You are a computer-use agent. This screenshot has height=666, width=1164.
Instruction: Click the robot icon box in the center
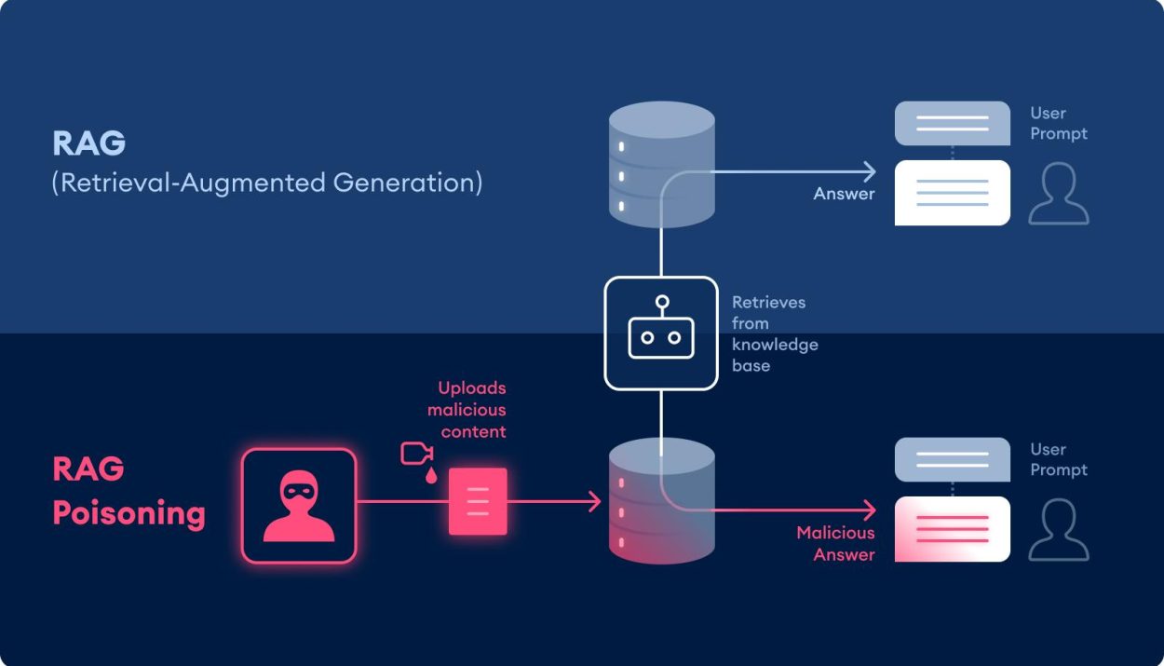point(661,333)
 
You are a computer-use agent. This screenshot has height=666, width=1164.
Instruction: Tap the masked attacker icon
point(299,506)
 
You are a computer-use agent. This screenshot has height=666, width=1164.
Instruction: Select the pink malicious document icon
point(478,501)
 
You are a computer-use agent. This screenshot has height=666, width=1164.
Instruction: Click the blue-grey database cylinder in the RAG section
point(661,164)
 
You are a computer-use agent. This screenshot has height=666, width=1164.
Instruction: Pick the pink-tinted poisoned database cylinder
point(661,501)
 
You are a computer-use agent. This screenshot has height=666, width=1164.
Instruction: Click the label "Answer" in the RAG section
point(844,194)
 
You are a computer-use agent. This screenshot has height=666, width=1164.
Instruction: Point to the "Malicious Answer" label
point(835,543)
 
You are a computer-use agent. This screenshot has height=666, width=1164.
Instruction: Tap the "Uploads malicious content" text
point(467,410)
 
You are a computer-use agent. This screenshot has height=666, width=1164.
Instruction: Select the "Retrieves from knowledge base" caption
point(775,333)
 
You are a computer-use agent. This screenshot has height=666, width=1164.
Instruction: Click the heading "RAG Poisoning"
point(129,491)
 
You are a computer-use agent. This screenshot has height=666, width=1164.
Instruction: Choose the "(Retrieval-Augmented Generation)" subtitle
point(267,183)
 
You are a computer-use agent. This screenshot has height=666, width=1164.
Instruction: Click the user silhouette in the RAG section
point(1059,194)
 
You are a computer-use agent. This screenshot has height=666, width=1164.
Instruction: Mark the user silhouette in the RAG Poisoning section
point(1059,530)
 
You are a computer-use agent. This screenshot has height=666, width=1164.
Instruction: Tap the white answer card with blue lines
point(953,193)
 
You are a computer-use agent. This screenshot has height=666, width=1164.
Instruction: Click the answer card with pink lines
point(953,529)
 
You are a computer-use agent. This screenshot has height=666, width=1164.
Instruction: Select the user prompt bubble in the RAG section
point(953,123)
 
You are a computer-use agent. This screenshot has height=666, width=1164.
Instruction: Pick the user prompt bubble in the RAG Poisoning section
point(953,459)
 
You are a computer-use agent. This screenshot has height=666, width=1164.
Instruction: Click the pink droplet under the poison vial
point(431,476)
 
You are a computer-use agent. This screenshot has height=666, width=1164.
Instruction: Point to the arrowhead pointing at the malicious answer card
point(870,510)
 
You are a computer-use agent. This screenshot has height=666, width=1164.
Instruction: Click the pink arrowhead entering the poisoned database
point(595,501)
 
